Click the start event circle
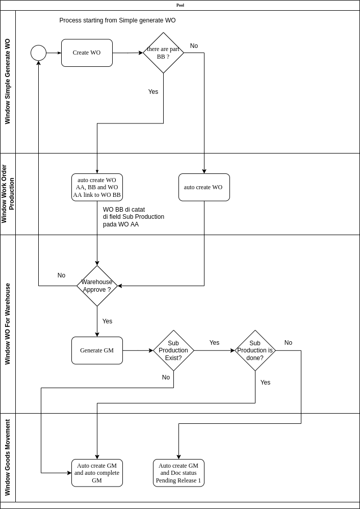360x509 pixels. point(38,53)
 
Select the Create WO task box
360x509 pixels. point(87,53)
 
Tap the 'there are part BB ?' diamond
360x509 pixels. point(163,53)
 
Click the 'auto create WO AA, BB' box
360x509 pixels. point(97,187)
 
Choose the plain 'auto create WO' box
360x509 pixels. point(204,187)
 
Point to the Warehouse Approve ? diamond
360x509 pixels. point(97,286)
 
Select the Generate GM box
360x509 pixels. point(97,350)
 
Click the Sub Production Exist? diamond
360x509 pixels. point(173,350)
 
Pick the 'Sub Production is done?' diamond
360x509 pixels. point(255,350)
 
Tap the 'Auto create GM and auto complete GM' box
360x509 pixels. point(97,473)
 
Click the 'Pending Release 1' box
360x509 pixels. point(178,473)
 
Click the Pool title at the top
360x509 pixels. point(180,5)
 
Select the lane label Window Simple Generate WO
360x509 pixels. point(8,82)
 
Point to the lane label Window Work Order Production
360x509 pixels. point(8,194)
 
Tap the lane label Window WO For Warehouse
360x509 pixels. point(8,324)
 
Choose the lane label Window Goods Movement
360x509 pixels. point(8,457)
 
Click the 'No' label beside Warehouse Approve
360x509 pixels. point(61,275)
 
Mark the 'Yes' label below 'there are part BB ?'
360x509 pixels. point(153,92)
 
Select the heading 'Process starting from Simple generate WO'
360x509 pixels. point(117,20)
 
